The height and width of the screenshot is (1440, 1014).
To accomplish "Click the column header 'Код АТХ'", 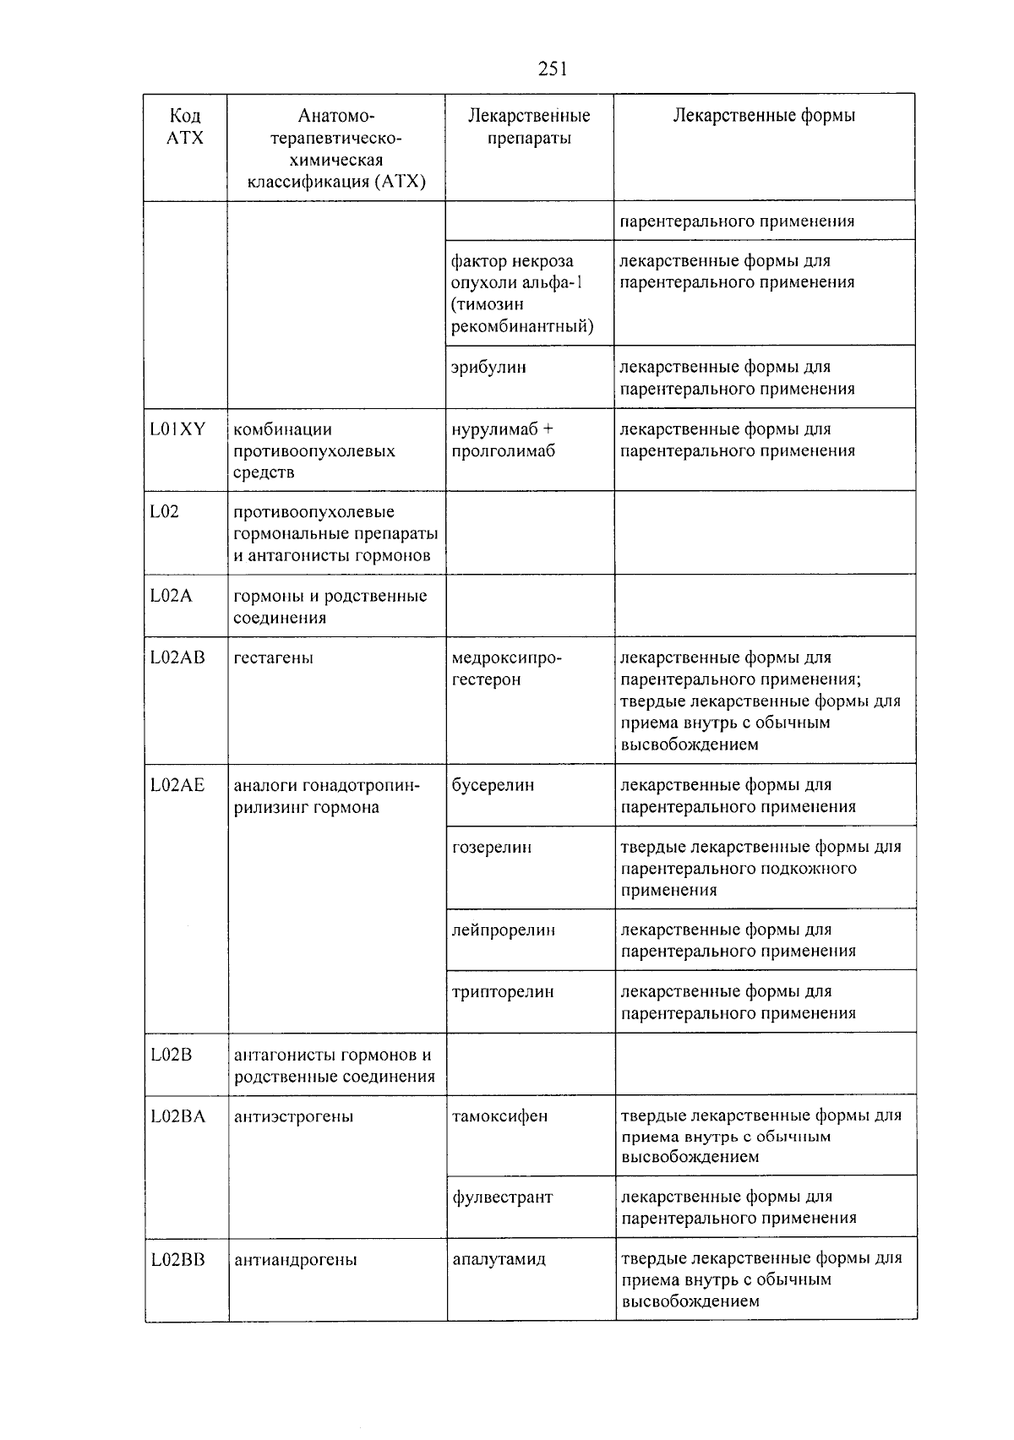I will (x=185, y=127).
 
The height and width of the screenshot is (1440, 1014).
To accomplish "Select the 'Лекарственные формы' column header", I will (x=764, y=116).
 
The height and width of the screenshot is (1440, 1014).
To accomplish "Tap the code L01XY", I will (x=177, y=429).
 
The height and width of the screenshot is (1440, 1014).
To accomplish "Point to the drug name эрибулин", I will (x=488, y=368).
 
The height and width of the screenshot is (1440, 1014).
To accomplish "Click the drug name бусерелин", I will (x=493, y=785).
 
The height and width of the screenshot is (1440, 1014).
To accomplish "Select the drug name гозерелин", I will (x=492, y=847).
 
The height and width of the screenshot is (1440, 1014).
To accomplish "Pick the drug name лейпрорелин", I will (x=504, y=930).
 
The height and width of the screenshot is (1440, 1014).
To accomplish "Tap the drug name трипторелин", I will (x=503, y=992).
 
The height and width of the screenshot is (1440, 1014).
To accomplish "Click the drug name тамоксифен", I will (x=499, y=1116).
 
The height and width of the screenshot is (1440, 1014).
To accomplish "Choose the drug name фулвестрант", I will (x=502, y=1197).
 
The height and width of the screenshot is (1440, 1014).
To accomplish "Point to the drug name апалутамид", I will (x=499, y=1259).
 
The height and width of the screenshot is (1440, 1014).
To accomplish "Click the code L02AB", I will (x=177, y=657).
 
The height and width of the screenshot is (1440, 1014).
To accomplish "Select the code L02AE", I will (x=177, y=785).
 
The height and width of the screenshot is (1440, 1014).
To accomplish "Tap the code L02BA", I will (x=177, y=1116).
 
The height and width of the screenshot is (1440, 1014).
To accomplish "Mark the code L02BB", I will (x=177, y=1259).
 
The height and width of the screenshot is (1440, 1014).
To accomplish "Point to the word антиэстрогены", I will (x=293, y=1116).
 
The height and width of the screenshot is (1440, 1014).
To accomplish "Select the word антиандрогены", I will (x=295, y=1260).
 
